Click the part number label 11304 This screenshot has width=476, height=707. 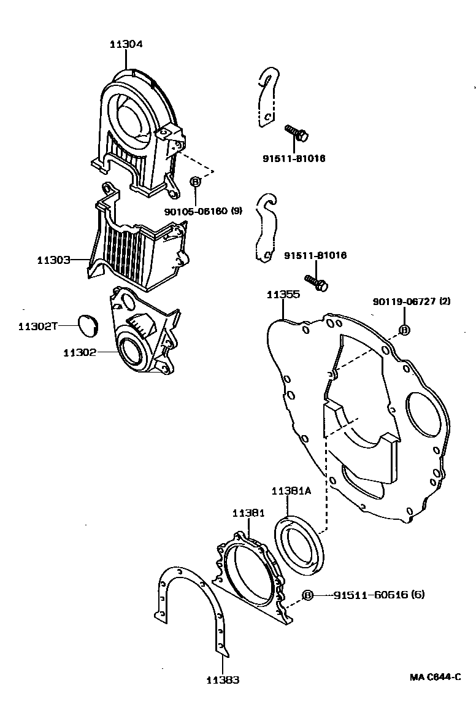tap(126, 44)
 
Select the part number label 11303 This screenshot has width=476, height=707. tap(53, 260)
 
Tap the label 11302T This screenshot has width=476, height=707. tap(37, 326)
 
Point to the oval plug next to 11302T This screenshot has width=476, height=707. tap(89, 325)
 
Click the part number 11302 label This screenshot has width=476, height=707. tap(80, 353)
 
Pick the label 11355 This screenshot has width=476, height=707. tap(283, 295)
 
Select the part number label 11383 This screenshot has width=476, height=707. tap(223, 679)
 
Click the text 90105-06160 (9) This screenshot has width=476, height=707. tap(203, 211)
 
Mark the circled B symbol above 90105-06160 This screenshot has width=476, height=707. tap(195, 182)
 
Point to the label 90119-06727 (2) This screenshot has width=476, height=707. tap(412, 301)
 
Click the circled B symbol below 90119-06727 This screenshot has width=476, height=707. tap(404, 330)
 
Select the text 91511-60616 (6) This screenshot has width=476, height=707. tap(379, 595)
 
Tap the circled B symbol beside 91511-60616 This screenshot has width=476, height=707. tap(308, 595)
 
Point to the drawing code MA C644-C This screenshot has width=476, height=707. tap(435, 677)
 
